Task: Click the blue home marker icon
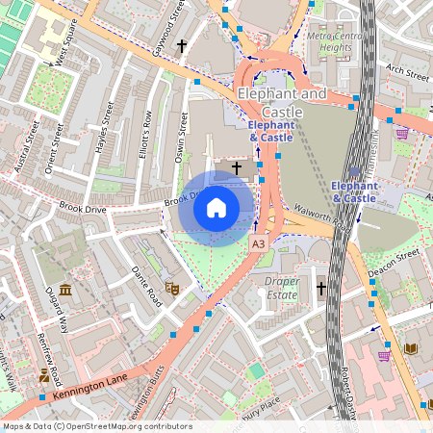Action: click(x=216, y=208)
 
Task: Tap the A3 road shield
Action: click(x=258, y=244)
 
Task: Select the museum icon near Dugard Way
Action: click(x=64, y=290)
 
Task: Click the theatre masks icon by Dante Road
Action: click(x=172, y=287)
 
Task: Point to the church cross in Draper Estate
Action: click(x=321, y=287)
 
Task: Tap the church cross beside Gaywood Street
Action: click(x=182, y=45)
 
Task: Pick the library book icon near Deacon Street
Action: click(x=412, y=347)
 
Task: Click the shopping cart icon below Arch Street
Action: click(x=401, y=134)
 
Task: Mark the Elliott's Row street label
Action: click(x=144, y=135)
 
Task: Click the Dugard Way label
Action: click(x=55, y=313)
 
